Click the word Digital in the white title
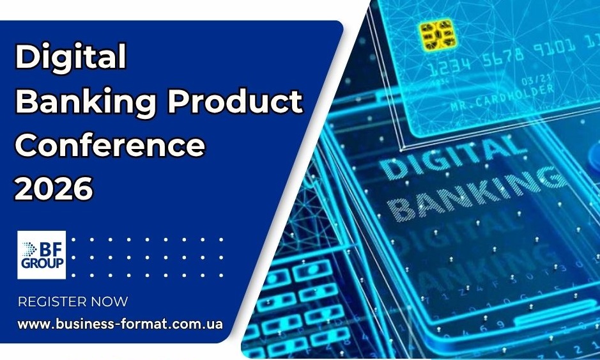70,58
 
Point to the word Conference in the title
110,146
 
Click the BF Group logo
42,255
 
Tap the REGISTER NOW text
73,302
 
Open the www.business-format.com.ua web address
120,324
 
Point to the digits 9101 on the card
557,49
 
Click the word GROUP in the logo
42,265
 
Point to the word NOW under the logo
109,302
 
